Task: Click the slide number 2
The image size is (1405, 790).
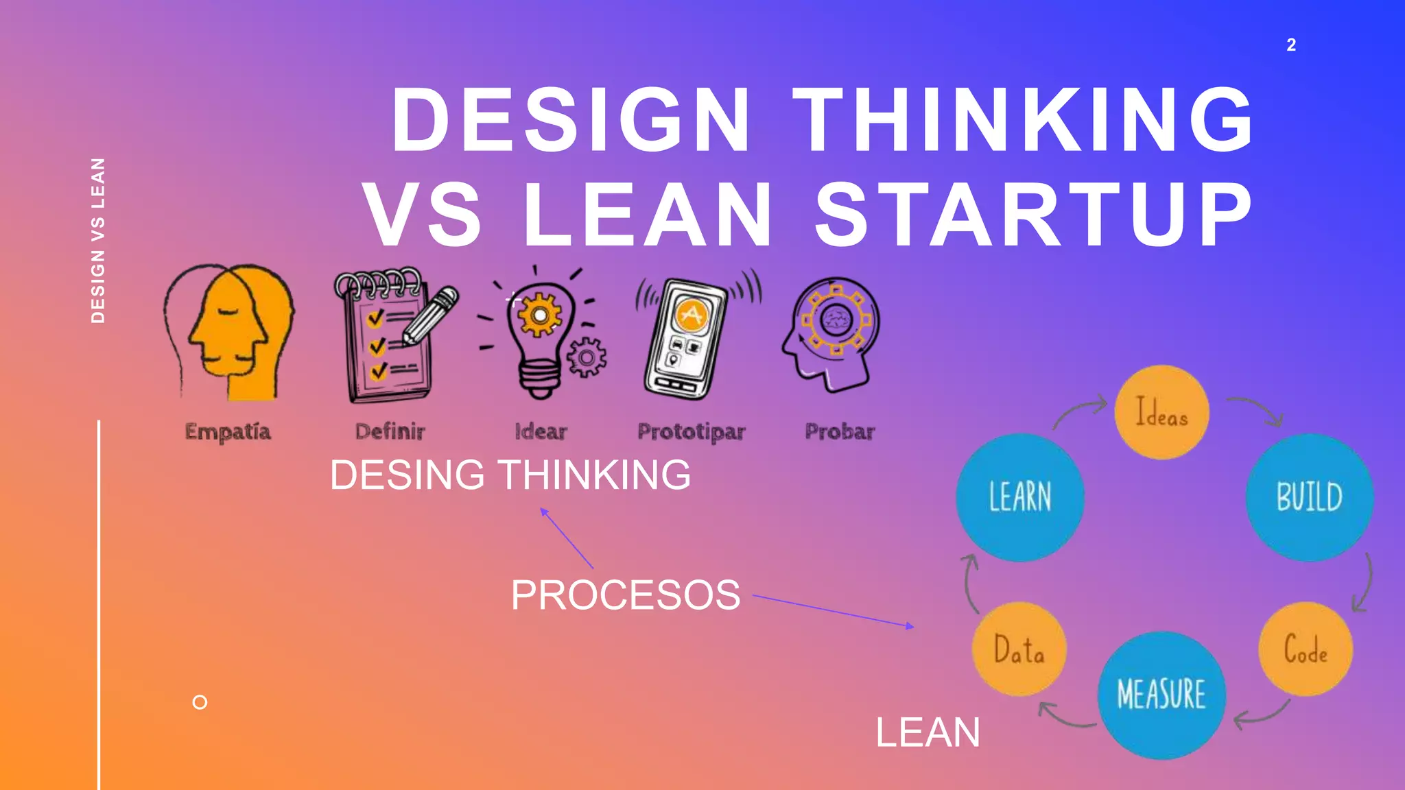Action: (x=1291, y=45)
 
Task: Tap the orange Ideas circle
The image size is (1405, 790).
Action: (x=1161, y=413)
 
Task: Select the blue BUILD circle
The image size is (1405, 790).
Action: (x=1309, y=497)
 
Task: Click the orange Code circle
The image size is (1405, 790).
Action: (x=1305, y=649)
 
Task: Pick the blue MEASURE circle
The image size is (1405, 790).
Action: (x=1161, y=694)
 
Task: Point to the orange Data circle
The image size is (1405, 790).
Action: (x=1019, y=649)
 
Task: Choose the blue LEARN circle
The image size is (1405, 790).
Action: (x=1020, y=497)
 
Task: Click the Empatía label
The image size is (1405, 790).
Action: (x=228, y=431)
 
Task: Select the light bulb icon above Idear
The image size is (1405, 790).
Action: (x=541, y=333)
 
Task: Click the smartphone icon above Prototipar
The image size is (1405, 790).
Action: (x=686, y=336)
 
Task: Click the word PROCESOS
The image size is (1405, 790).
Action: (x=625, y=595)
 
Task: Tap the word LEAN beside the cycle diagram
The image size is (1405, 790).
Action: (x=928, y=732)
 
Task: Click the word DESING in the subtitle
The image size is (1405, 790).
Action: (x=407, y=475)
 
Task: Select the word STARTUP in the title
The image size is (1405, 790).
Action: (x=1034, y=215)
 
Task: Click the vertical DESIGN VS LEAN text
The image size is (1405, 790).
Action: (x=98, y=240)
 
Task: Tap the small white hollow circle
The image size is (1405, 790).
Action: (x=200, y=702)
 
